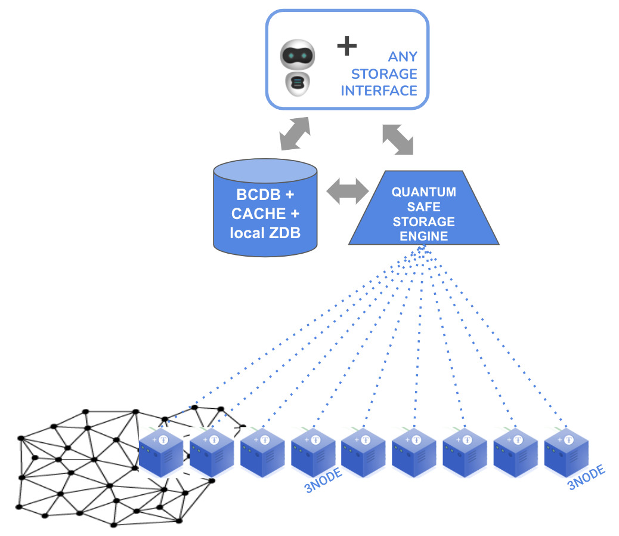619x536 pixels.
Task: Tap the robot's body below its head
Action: pyautogui.click(x=297, y=84)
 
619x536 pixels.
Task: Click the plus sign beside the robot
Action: pyautogui.click(x=347, y=46)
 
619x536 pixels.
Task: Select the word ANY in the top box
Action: pyautogui.click(x=403, y=57)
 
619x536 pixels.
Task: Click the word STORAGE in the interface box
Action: pyautogui.click(x=384, y=74)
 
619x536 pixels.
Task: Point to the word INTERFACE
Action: pyautogui.click(x=379, y=91)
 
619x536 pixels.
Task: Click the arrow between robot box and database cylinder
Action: pyautogui.click(x=295, y=134)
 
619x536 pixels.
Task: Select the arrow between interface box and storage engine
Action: pyautogui.click(x=398, y=140)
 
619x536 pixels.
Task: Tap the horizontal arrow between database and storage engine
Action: pyautogui.click(x=348, y=191)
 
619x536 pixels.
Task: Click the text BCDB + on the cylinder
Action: pyautogui.click(x=265, y=195)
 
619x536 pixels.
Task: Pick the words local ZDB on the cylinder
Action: pyautogui.click(x=265, y=233)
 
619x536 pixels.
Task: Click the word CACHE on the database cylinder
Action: pyautogui.click(x=258, y=214)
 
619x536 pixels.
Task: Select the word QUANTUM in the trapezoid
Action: pyautogui.click(x=423, y=192)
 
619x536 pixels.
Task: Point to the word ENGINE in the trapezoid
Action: pyautogui.click(x=423, y=236)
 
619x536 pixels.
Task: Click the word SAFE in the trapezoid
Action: pyautogui.click(x=423, y=207)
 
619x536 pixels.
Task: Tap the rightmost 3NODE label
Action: pyautogui.click(x=586, y=478)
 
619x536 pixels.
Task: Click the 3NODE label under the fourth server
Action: pyautogui.click(x=323, y=480)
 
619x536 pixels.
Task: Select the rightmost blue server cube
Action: pyautogui.click(x=566, y=452)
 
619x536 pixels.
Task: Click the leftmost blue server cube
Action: pyautogui.click(x=161, y=452)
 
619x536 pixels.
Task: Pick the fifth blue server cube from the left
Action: pyautogui.click(x=363, y=452)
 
